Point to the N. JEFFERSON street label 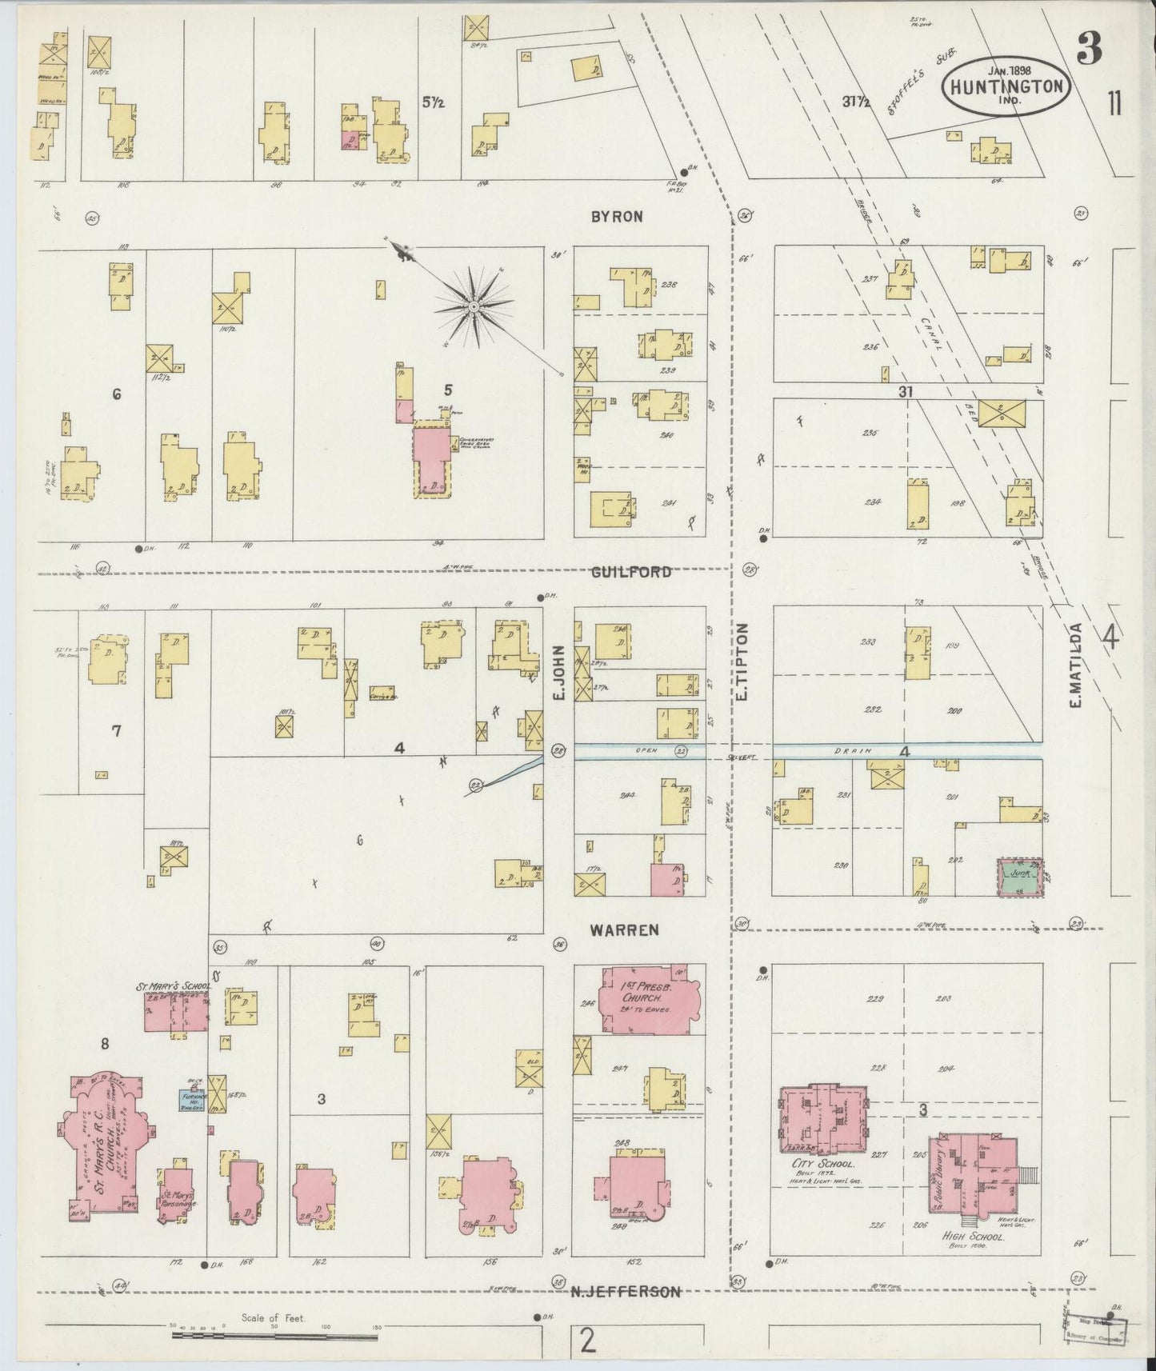pos(626,1292)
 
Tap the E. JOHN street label pos(559,674)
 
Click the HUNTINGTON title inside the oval pos(1008,86)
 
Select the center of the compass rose pos(474,307)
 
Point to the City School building pos(822,1118)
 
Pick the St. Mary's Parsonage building pos(174,1193)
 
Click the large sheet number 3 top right pos(1088,50)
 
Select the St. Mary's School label pos(170,985)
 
